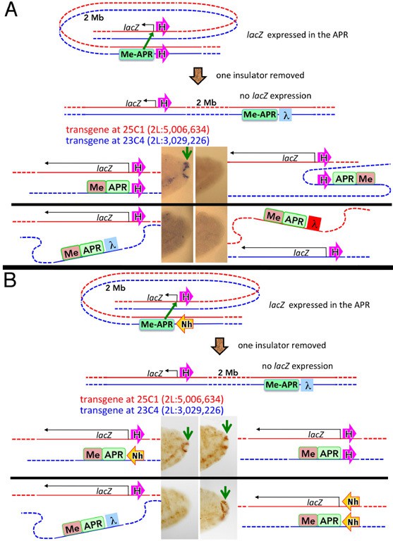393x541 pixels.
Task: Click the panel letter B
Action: tap(10, 280)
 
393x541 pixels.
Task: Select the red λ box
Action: tap(314, 223)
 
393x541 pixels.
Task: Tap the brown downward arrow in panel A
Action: tap(198, 75)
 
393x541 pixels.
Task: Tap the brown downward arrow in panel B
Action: tap(219, 345)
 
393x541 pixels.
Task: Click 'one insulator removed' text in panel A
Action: tap(260, 75)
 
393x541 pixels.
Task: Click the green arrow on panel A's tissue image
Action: tap(187, 153)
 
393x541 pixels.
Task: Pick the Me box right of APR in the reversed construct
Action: tap(365, 179)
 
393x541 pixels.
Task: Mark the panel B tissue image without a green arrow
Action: tap(179, 509)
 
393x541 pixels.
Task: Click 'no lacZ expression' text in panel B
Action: tap(297, 366)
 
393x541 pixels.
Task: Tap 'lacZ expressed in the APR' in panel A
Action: tap(297, 35)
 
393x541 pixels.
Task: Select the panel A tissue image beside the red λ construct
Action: tap(211, 234)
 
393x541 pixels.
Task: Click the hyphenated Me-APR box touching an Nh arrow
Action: tap(157, 324)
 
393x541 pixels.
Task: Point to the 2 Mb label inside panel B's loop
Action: tap(116, 287)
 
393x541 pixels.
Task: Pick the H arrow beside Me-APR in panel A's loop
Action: tap(162, 54)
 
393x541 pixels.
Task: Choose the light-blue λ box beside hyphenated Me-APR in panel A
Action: tap(285, 115)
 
